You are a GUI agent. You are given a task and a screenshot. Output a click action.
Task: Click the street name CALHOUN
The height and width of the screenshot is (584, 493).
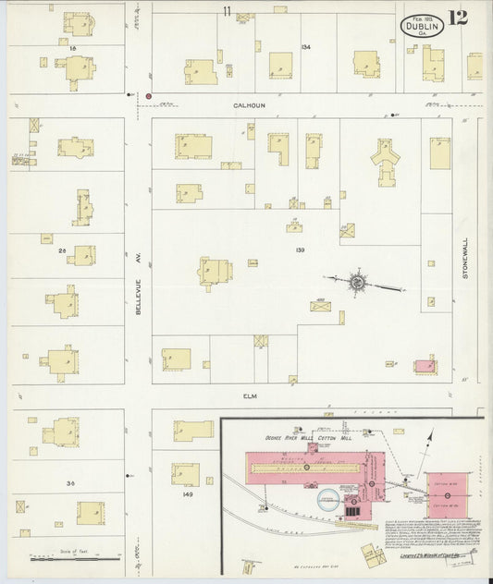(248, 105)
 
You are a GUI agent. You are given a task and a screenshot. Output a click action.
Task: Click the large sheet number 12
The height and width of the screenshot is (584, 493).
(457, 18)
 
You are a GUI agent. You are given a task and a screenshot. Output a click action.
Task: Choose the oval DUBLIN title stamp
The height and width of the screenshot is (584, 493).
(422, 26)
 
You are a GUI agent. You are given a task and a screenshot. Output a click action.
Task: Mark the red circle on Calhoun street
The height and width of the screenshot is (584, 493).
(148, 95)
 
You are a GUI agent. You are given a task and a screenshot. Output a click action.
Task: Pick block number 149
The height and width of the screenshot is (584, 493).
(188, 495)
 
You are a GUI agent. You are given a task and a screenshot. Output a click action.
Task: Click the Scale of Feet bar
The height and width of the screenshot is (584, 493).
(75, 557)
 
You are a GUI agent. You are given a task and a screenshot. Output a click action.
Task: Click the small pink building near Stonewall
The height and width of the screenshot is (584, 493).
(425, 366)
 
